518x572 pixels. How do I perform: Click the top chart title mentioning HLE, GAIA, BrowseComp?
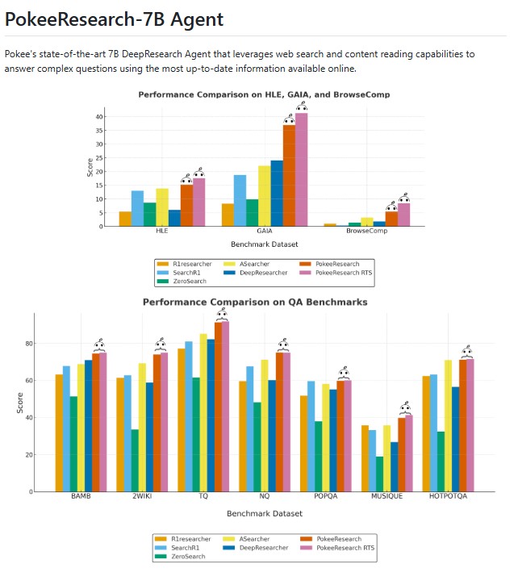264,94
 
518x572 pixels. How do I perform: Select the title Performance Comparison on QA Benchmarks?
255,302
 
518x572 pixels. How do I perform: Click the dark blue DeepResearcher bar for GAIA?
277,194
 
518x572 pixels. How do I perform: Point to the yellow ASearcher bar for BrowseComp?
367,222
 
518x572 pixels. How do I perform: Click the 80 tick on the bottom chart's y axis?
27,344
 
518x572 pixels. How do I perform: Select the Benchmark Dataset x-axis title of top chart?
264,243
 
